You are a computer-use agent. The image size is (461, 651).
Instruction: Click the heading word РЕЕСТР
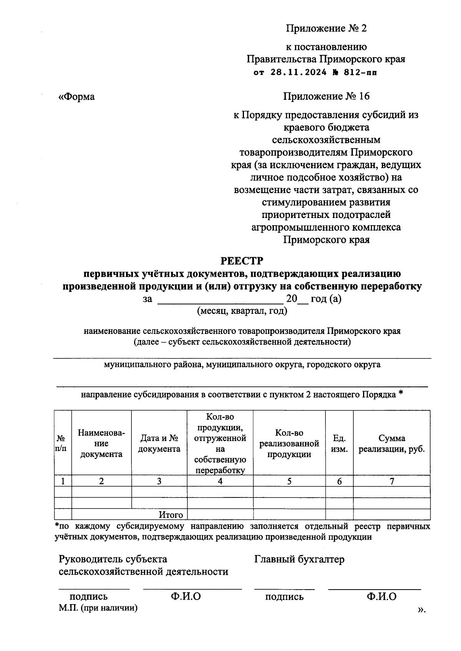(242, 261)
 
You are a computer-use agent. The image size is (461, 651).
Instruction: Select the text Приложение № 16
(326, 96)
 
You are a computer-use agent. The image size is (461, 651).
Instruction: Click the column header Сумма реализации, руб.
(391, 444)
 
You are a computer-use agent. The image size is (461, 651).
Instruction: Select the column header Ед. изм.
(339, 444)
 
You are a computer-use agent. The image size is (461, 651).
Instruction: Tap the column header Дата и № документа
(159, 444)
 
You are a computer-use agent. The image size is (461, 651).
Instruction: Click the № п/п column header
(61, 444)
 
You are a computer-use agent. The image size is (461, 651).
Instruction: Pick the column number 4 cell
(220, 481)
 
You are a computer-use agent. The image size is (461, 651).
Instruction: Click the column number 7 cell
(391, 481)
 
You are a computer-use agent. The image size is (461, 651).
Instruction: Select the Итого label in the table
(171, 515)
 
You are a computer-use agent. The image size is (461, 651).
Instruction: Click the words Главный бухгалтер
(299, 560)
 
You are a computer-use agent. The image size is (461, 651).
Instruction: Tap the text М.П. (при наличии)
(98, 608)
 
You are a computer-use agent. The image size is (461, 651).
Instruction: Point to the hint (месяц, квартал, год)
(242, 311)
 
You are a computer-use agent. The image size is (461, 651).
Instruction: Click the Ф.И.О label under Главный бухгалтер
(381, 596)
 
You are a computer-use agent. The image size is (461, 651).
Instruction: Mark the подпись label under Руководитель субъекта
(88, 597)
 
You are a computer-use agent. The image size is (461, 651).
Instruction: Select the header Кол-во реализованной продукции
(289, 444)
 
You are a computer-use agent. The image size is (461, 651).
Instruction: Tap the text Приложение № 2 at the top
(326, 28)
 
